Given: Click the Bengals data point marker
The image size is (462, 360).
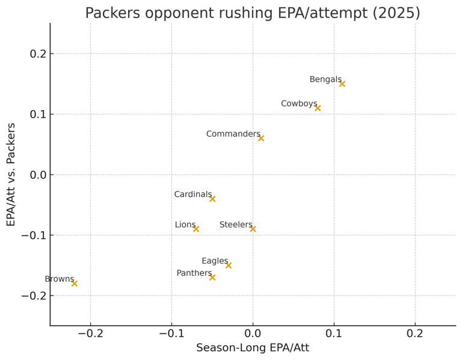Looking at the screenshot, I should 342,84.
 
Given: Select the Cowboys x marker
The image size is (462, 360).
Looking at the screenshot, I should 318,108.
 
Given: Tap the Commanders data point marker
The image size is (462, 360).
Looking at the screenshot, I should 261,138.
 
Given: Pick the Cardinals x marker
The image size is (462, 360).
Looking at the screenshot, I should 212,199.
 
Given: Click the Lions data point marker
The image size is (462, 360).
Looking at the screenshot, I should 196,229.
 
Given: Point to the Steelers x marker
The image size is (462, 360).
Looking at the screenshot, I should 253,229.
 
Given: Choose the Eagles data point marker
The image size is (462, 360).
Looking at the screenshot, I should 229,265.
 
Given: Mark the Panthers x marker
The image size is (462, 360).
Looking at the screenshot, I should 212,277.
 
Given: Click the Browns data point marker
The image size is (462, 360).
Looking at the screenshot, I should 75,283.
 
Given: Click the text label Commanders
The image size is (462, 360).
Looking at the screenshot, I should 233,134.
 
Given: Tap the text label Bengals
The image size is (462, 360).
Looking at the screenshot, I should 325,79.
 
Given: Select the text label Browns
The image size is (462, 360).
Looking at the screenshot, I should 59,279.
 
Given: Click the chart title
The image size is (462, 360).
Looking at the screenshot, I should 253,13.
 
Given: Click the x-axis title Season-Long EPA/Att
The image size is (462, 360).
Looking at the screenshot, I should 253,348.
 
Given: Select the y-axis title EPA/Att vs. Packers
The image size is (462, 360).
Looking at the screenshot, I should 11,175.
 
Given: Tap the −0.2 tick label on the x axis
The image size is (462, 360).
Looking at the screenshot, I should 90,333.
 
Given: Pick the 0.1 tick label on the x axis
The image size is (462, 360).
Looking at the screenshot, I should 334,333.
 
